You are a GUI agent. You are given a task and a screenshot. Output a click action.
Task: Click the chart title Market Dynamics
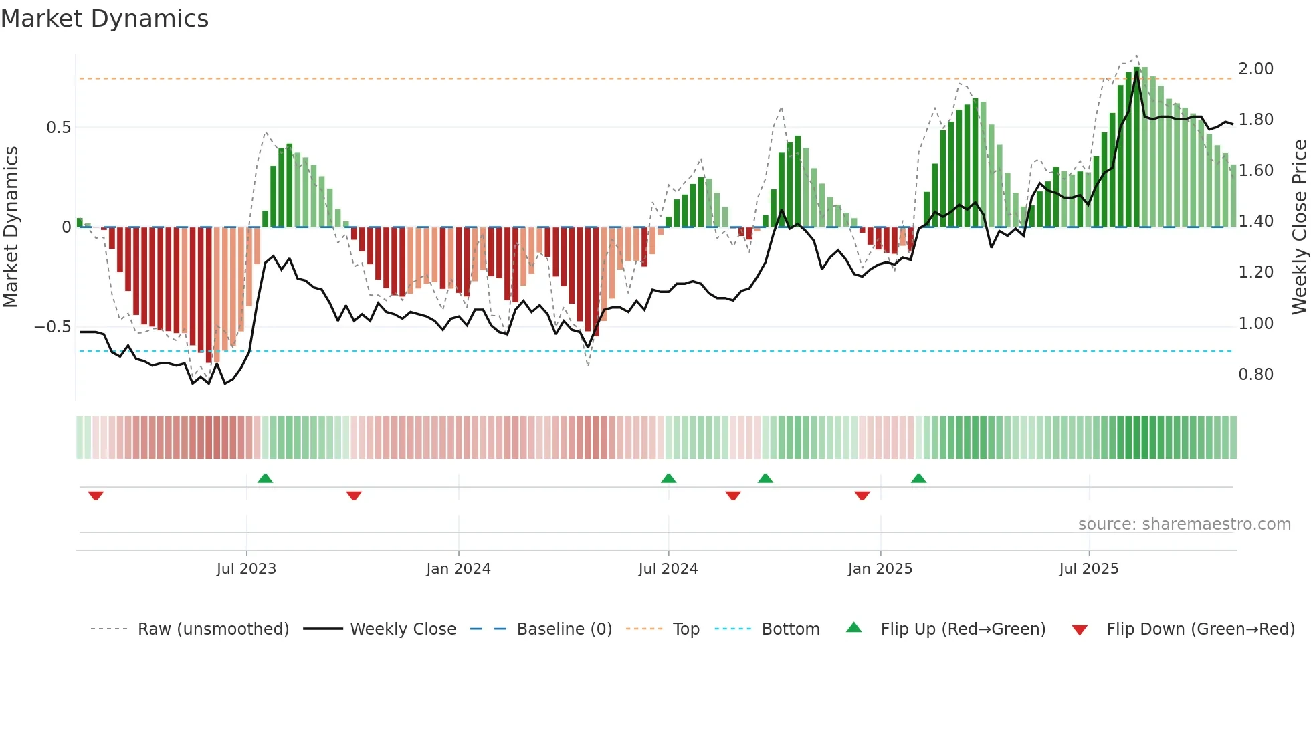(105, 19)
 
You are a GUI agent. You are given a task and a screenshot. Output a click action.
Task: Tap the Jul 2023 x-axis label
(246, 569)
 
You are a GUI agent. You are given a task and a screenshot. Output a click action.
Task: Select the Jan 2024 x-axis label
(458, 569)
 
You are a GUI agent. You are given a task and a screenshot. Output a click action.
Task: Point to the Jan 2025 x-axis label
(880, 569)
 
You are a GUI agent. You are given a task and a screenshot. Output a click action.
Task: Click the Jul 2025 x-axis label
(1088, 569)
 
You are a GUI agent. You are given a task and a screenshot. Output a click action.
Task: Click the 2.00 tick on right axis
(1255, 69)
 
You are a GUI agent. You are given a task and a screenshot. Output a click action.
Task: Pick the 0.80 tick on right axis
(1255, 375)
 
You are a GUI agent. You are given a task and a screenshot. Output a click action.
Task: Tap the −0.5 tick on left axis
(53, 327)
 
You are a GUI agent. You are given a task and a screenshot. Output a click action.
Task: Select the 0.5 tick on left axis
(58, 128)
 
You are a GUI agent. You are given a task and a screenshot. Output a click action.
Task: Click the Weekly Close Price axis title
(1299, 227)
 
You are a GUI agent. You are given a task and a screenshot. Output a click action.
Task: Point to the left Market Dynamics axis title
(11, 227)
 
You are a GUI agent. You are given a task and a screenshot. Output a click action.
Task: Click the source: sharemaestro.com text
(1184, 524)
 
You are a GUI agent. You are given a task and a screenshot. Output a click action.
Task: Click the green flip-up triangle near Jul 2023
(265, 478)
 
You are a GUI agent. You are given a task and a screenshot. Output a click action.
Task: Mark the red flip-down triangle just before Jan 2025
(862, 496)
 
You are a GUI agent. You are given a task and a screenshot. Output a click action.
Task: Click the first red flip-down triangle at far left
(96, 496)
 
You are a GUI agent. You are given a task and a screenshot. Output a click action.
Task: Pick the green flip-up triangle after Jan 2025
(918, 478)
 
